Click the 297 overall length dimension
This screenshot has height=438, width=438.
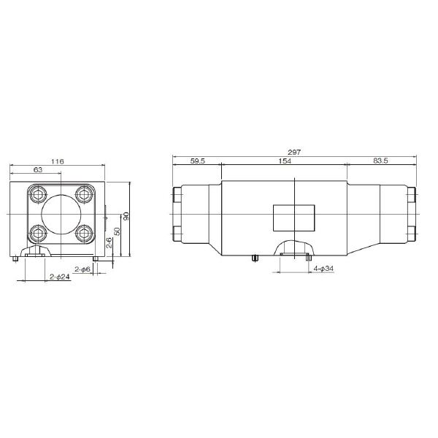point(294,153)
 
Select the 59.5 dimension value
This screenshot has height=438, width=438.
point(198,161)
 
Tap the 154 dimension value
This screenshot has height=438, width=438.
point(285,161)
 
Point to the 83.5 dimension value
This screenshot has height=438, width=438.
point(380,161)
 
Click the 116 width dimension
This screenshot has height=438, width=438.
point(58,161)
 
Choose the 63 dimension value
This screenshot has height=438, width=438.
point(38,169)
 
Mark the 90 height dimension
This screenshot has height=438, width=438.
point(126,216)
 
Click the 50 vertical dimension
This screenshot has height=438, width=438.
point(118,231)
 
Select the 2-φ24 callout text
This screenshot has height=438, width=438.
point(60,277)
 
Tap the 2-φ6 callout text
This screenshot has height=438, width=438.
point(82,269)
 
